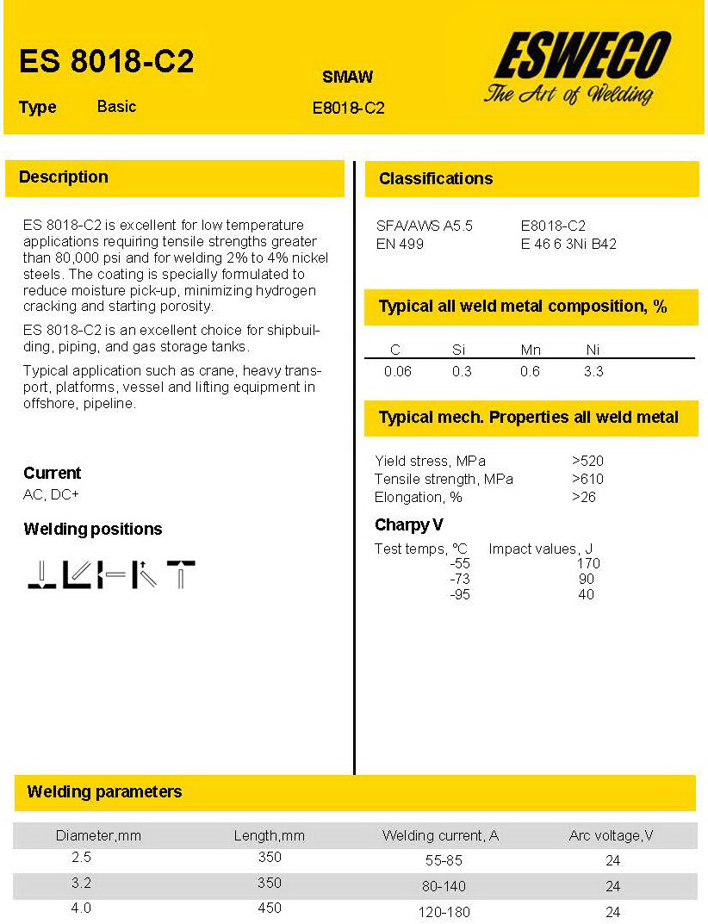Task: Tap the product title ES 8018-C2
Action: click(106, 62)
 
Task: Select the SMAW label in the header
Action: click(347, 77)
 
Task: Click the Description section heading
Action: click(64, 177)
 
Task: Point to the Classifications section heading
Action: click(436, 179)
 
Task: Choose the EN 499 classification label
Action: click(400, 244)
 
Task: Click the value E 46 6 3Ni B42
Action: click(568, 244)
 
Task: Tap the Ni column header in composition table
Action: click(593, 350)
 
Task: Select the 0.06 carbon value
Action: click(397, 372)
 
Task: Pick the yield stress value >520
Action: click(587, 461)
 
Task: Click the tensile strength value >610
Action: click(587, 479)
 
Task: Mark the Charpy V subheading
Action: click(408, 524)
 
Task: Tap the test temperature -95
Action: click(460, 594)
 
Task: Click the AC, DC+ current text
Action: click(51, 494)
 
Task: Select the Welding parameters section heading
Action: click(104, 792)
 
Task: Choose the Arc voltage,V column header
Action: click(612, 835)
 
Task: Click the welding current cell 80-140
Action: click(444, 886)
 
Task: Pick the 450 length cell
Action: click(270, 908)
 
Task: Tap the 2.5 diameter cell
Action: click(82, 858)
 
